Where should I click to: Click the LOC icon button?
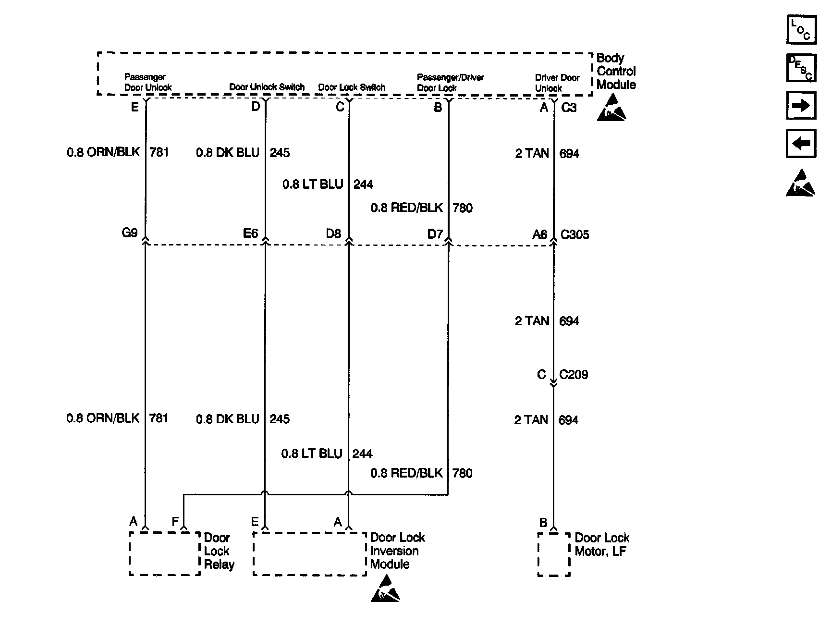(801, 29)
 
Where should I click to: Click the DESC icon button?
(801, 68)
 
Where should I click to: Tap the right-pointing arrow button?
(801, 106)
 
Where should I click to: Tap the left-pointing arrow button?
(801, 144)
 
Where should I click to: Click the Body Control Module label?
(616, 71)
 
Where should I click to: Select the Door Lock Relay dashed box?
(164, 553)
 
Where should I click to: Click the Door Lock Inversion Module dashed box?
(309, 553)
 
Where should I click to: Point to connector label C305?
(575, 235)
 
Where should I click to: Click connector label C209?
(574, 375)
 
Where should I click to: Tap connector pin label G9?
(130, 233)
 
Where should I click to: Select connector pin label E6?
(251, 233)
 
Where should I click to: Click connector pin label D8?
(333, 233)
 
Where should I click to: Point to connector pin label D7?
(435, 234)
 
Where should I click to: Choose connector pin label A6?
(539, 234)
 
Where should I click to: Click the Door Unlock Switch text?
(267, 87)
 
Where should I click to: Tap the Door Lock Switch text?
(352, 87)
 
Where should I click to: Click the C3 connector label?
(569, 108)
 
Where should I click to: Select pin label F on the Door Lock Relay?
(175, 522)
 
